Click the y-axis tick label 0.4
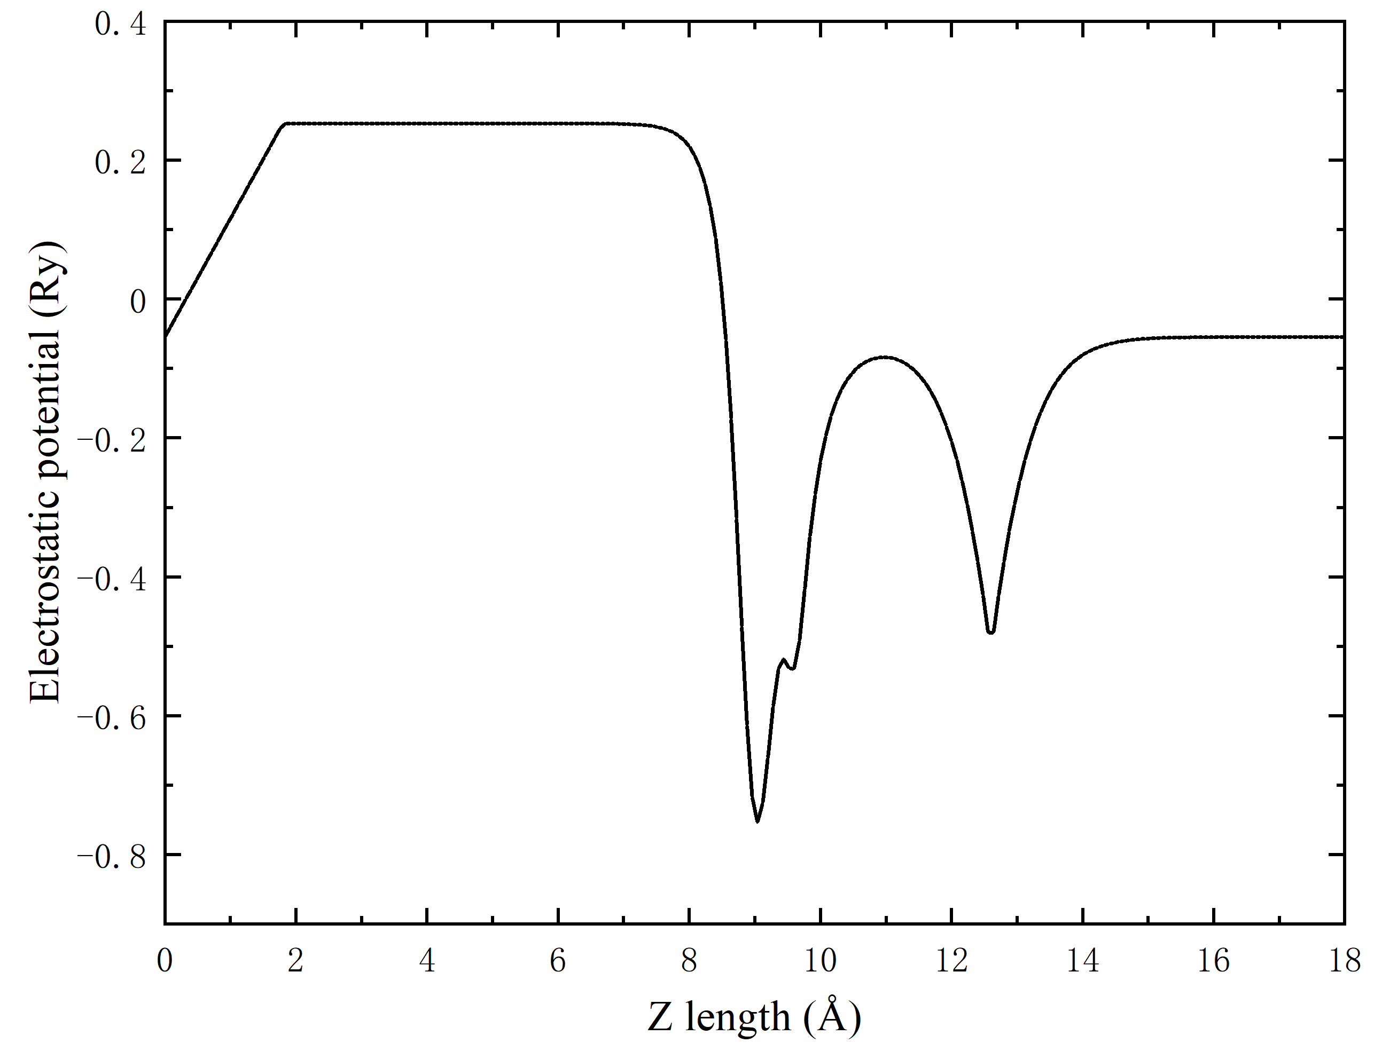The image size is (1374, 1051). (120, 25)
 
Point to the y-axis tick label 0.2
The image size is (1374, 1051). (120, 163)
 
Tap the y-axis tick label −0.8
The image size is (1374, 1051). (112, 857)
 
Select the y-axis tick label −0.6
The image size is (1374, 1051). (112, 718)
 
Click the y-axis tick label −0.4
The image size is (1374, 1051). (112, 579)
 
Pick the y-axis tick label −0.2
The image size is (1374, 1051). (112, 440)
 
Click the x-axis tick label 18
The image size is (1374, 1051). (1344, 960)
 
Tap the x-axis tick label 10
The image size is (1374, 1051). (819, 960)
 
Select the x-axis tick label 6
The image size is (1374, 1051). (558, 960)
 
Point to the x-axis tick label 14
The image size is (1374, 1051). (1082, 960)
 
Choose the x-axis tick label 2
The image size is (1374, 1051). (295, 960)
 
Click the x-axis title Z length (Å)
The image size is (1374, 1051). (754, 1017)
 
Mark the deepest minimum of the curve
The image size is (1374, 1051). (758, 821)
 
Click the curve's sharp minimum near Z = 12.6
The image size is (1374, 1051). (990, 633)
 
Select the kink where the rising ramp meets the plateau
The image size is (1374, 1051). (285, 124)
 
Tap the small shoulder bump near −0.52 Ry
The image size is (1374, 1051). (784, 659)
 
